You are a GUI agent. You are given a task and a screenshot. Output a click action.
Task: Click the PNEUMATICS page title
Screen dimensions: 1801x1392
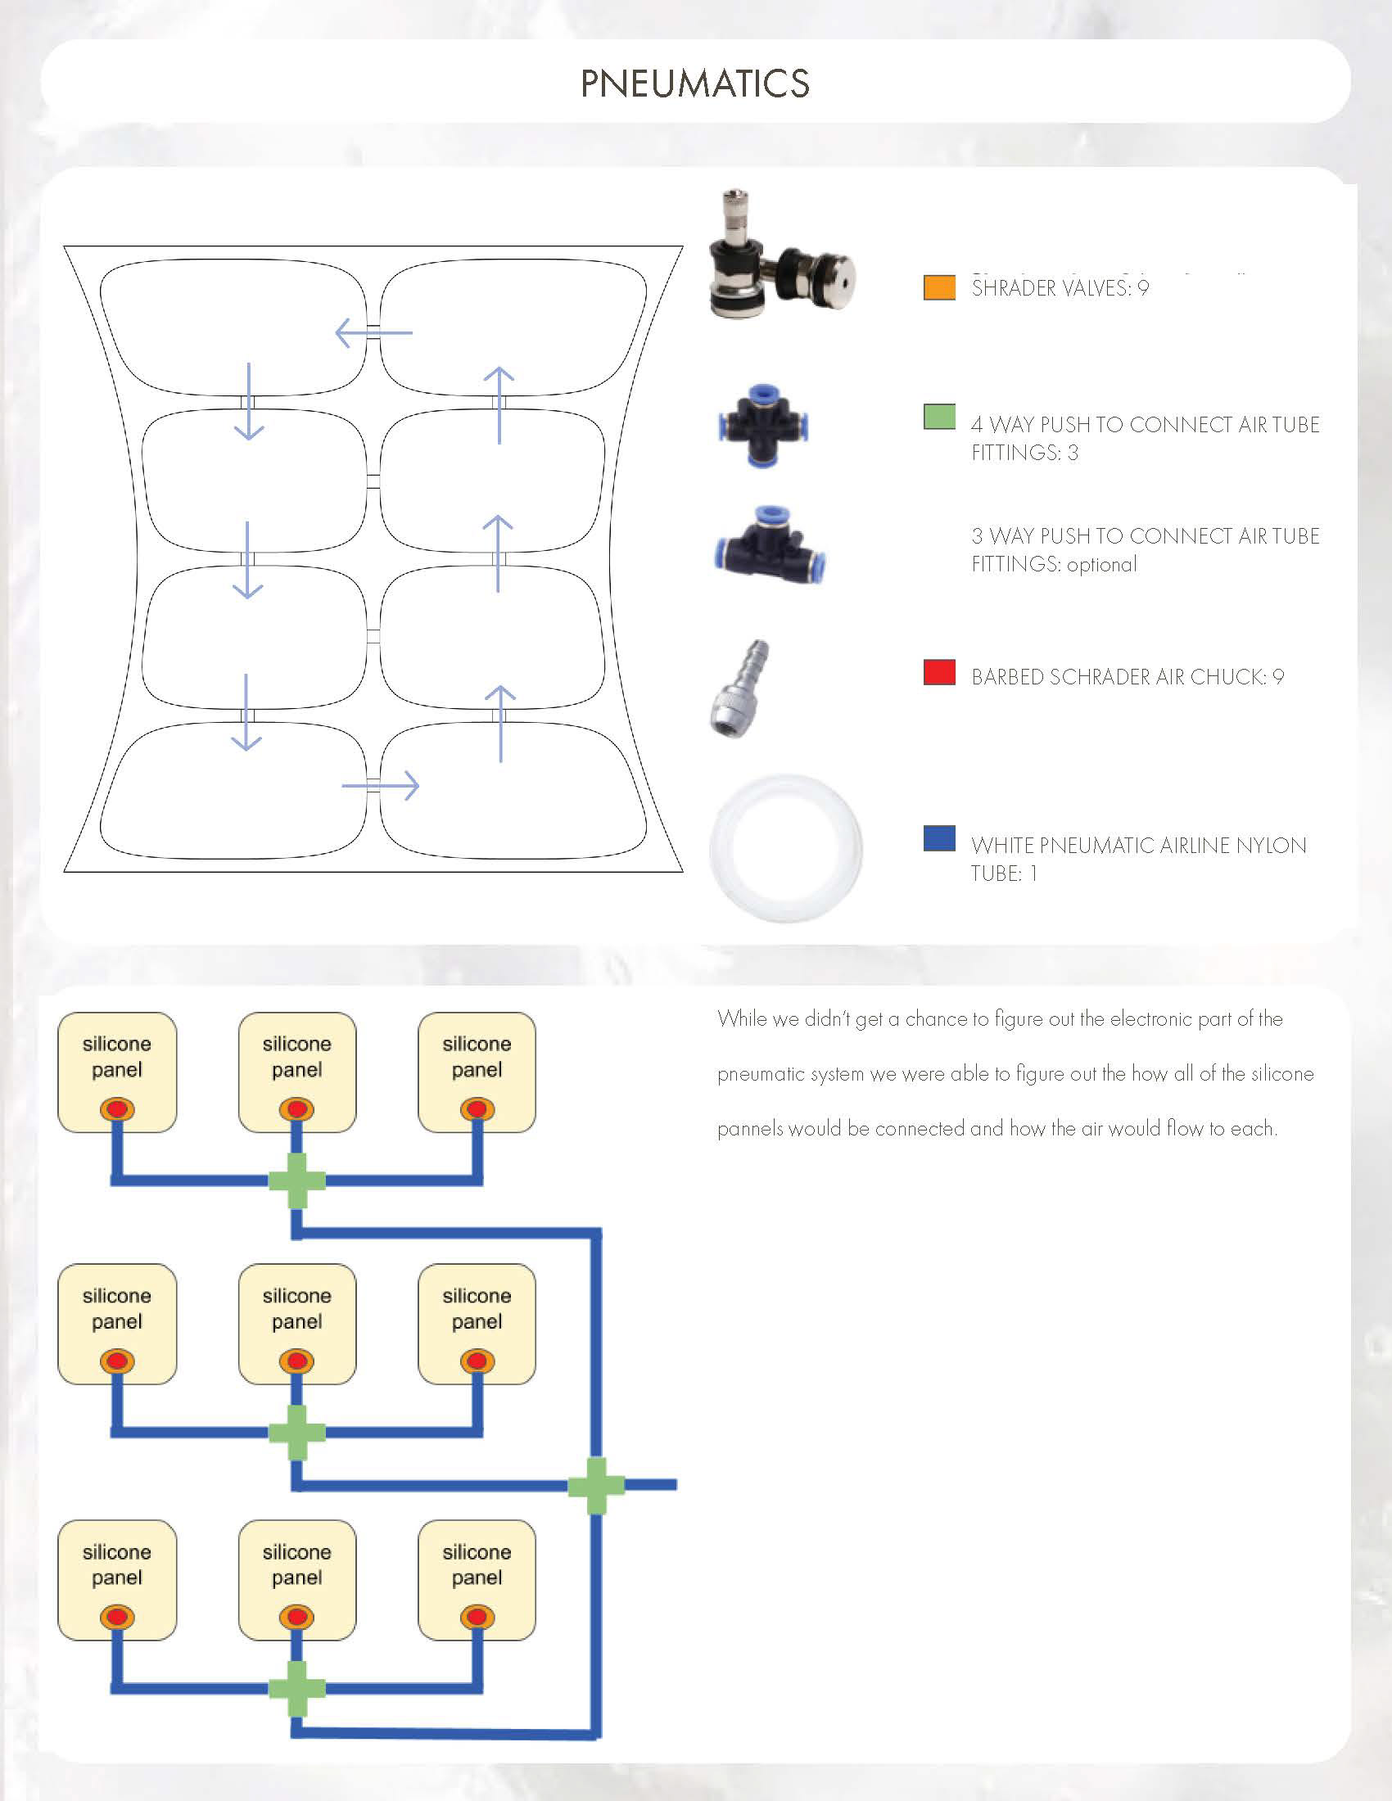click(695, 84)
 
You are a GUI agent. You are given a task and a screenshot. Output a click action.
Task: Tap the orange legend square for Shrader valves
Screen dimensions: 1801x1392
click(939, 287)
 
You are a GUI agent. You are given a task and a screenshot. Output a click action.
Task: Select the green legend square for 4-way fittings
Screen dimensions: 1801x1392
click(939, 417)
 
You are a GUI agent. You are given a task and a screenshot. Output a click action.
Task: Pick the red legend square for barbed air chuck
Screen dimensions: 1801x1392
click(939, 672)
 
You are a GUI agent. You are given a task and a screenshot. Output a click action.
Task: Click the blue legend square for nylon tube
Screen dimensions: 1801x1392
click(939, 837)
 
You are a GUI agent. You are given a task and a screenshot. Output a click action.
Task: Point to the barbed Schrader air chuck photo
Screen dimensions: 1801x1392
click(739, 688)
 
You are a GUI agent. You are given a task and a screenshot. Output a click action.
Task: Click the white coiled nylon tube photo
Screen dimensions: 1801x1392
click(785, 848)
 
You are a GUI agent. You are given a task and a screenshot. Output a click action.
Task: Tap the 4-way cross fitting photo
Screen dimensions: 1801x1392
click(762, 427)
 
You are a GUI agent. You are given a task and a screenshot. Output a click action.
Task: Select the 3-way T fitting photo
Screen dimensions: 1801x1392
click(770, 545)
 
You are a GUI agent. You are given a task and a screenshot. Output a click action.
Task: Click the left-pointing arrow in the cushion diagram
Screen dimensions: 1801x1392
click(373, 333)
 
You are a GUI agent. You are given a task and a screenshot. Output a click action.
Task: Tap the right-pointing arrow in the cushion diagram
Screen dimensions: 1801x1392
click(381, 786)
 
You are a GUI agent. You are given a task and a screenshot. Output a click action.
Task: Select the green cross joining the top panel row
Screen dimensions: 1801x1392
click(297, 1180)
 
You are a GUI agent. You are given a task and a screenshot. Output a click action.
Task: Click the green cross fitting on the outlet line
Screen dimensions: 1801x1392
click(596, 1485)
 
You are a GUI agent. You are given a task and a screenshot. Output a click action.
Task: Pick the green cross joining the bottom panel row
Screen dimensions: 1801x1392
click(297, 1688)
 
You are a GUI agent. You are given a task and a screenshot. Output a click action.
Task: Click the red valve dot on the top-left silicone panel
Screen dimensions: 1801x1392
click(117, 1109)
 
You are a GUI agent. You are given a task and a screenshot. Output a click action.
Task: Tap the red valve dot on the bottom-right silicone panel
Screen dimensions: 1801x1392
click(477, 1617)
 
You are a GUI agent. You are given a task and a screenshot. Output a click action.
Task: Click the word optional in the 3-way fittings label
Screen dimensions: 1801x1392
click(1101, 565)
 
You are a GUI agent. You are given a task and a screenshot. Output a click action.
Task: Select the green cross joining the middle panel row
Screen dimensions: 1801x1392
click(297, 1433)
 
